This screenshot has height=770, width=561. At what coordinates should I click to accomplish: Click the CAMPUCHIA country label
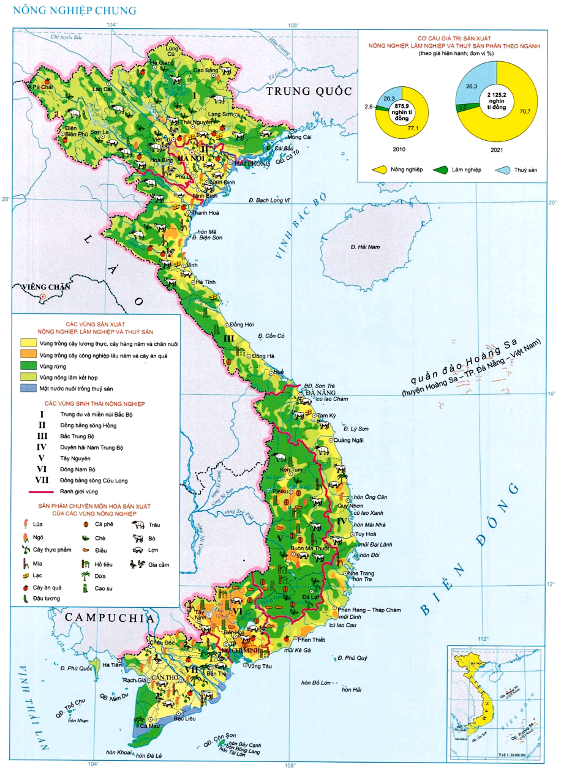(109, 618)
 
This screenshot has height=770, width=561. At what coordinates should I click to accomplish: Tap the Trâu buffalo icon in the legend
(137, 525)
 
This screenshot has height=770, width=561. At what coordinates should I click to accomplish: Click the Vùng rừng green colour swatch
(28, 365)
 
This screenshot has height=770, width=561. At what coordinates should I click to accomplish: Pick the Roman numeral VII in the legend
(42, 480)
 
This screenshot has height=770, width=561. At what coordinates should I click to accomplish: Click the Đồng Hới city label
(241, 324)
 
